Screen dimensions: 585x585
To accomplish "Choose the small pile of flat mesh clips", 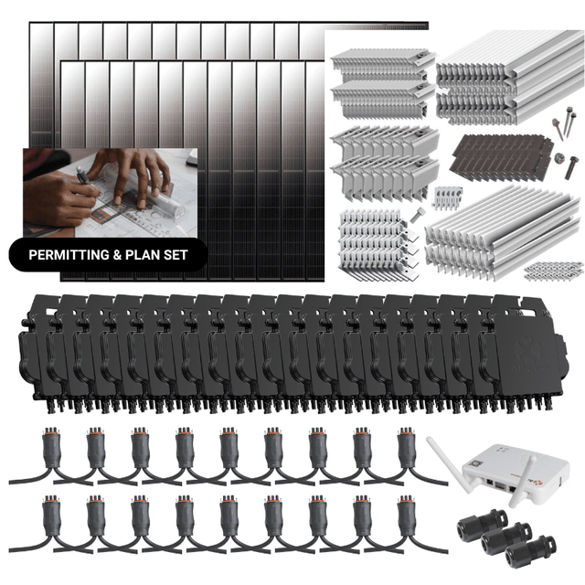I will pos(554,270).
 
